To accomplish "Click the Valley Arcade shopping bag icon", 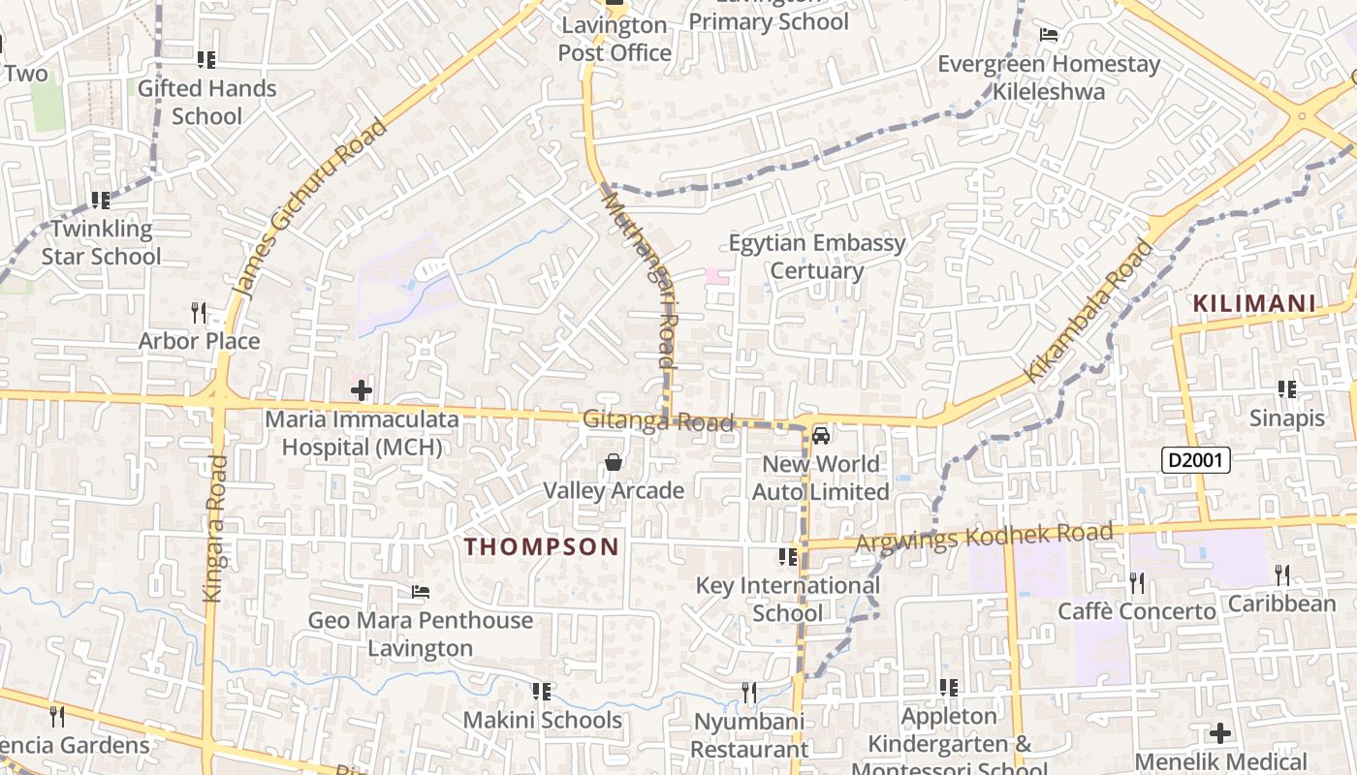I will pos(614,463).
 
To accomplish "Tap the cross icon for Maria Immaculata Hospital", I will pos(362,391).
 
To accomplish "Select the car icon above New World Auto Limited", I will pos(821,436).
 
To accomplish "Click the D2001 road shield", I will pos(1195,460).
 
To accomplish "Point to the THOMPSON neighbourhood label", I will pos(541,546).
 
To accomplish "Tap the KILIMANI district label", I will pos(1254,303).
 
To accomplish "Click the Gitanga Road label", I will pos(658,421).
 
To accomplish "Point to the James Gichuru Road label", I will pos(309,207).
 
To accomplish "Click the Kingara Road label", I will pos(215,529).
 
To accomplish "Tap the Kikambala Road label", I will pos(1089,310).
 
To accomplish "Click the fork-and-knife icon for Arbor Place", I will pos(199,312).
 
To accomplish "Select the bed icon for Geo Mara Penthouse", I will pos(420,591).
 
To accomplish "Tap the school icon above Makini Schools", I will pos(542,692).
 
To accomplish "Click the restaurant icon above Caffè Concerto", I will pos(1137,582).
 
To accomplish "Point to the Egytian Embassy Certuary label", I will pos(816,257).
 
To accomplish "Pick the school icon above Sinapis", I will pos(1286,389).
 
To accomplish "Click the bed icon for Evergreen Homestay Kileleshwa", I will pos(1048,36).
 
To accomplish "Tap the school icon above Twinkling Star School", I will pos(101,201).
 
